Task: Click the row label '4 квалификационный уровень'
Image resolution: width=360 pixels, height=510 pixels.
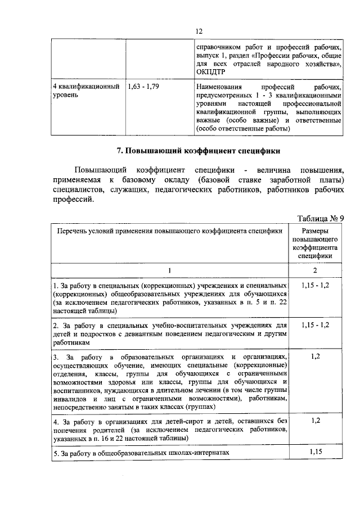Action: [x=85, y=91]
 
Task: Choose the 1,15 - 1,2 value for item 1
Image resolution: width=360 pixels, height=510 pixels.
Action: [x=316, y=286]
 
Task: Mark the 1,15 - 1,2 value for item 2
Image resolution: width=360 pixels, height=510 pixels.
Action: [x=316, y=325]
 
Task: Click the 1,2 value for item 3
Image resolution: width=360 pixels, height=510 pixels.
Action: [x=316, y=356]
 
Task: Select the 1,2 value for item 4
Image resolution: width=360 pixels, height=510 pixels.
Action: [x=316, y=420]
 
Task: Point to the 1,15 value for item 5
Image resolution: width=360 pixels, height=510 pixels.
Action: [x=316, y=452]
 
